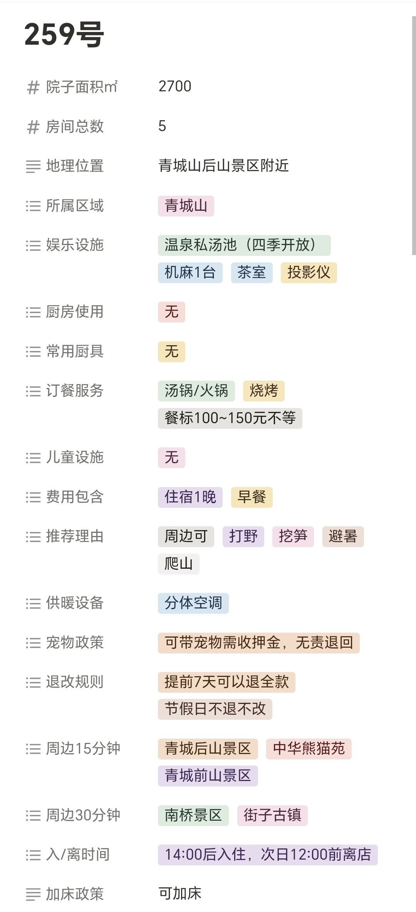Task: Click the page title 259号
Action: [x=64, y=34]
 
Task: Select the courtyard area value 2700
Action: [x=175, y=86]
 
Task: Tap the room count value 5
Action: [x=162, y=126]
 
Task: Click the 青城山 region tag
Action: [x=186, y=206]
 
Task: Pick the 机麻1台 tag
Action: [x=190, y=273]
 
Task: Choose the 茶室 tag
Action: [x=252, y=273]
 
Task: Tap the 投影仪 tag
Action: [x=309, y=273]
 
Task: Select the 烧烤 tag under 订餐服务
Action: [x=263, y=391]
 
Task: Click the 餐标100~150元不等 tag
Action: [x=230, y=418]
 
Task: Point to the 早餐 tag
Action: [x=252, y=497]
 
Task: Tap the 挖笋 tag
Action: [x=293, y=536]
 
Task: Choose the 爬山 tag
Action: [x=178, y=564]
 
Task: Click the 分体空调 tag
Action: [x=193, y=603]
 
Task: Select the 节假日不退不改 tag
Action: [x=215, y=709]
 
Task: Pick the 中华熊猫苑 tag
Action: [x=309, y=749]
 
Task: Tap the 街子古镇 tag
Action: [x=272, y=815]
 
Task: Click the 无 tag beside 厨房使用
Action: [x=171, y=312]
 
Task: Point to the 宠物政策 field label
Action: [x=75, y=643]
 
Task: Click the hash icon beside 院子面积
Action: [x=33, y=87]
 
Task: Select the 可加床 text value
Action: [x=180, y=894]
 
